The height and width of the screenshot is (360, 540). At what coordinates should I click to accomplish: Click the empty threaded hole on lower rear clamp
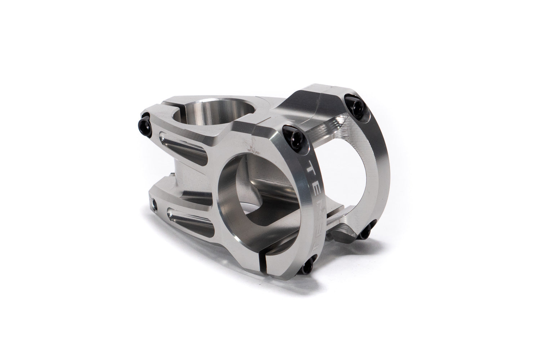155,204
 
